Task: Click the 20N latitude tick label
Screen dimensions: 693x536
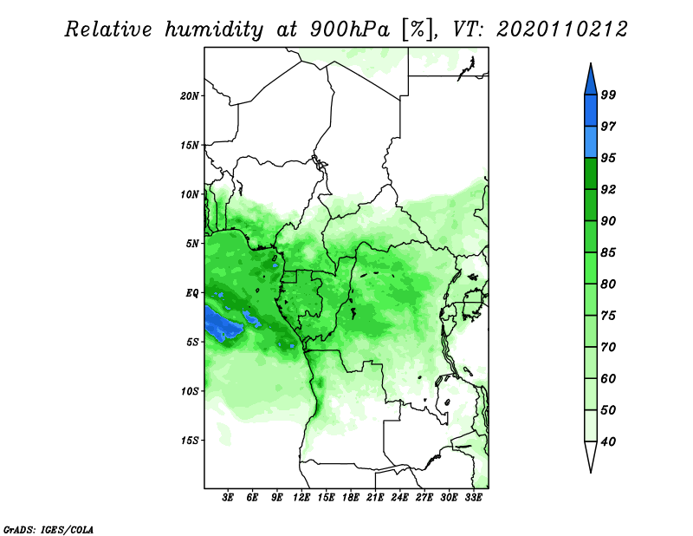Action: (190, 96)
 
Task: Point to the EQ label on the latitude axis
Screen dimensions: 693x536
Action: (192, 293)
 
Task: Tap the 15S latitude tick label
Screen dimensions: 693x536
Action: (190, 441)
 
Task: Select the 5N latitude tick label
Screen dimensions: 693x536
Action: (192, 244)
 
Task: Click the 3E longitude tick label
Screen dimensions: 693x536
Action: (228, 498)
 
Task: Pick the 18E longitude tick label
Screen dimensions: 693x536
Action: (351, 498)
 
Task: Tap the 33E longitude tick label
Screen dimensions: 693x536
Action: (473, 498)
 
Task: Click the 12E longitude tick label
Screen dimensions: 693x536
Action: (301, 498)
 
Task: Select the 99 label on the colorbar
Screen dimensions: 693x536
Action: (608, 95)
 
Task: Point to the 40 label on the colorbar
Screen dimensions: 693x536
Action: (608, 441)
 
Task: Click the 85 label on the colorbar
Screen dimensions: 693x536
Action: (608, 252)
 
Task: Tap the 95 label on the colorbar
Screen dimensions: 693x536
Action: (608, 158)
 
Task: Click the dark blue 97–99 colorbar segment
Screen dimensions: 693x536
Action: (591, 111)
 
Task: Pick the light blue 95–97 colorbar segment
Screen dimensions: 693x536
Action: (591, 142)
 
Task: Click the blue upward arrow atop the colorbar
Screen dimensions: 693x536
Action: (591, 80)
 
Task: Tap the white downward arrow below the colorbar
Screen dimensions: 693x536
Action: (591, 457)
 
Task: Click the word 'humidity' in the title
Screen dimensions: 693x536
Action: (214, 29)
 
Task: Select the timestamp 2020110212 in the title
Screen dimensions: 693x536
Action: (561, 29)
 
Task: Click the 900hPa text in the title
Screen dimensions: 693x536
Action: (350, 29)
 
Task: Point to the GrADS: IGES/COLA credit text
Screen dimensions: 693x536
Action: (49, 529)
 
